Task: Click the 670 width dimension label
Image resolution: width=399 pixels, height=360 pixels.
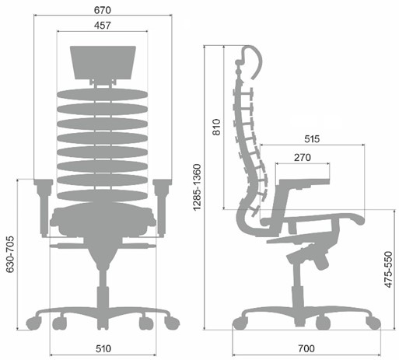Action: tap(103, 10)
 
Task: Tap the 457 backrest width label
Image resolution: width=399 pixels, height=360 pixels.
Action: tap(103, 26)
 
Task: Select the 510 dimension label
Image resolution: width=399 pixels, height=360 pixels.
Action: tap(103, 348)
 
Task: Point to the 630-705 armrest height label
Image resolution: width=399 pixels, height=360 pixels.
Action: tap(10, 254)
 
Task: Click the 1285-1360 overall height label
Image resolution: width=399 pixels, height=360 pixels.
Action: tap(197, 187)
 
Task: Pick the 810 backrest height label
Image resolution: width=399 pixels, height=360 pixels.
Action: tap(216, 127)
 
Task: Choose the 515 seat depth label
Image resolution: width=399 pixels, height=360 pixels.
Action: tap(312, 139)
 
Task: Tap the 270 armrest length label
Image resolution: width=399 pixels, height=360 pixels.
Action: tap(303, 157)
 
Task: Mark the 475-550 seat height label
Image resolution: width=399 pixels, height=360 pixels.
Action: tap(388, 269)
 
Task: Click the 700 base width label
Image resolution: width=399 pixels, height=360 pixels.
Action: tap(306, 348)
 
